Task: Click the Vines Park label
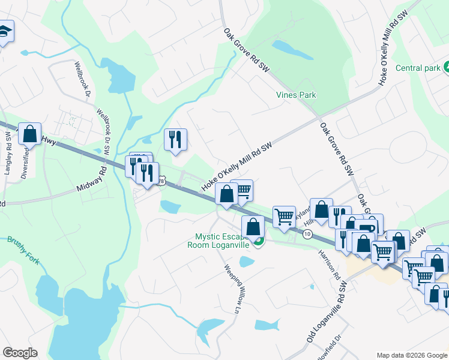coord(295,95)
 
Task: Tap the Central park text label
coord(418,68)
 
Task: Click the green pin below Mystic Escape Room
coord(259,242)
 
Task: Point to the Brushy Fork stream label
coord(23,251)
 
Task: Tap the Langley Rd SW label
coord(8,158)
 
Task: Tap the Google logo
coord(20,353)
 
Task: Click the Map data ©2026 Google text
coord(411,355)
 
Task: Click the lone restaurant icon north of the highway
coord(175,140)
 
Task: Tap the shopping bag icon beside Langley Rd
coord(30,133)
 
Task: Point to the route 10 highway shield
coord(307,234)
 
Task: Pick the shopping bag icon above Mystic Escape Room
coord(253,227)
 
